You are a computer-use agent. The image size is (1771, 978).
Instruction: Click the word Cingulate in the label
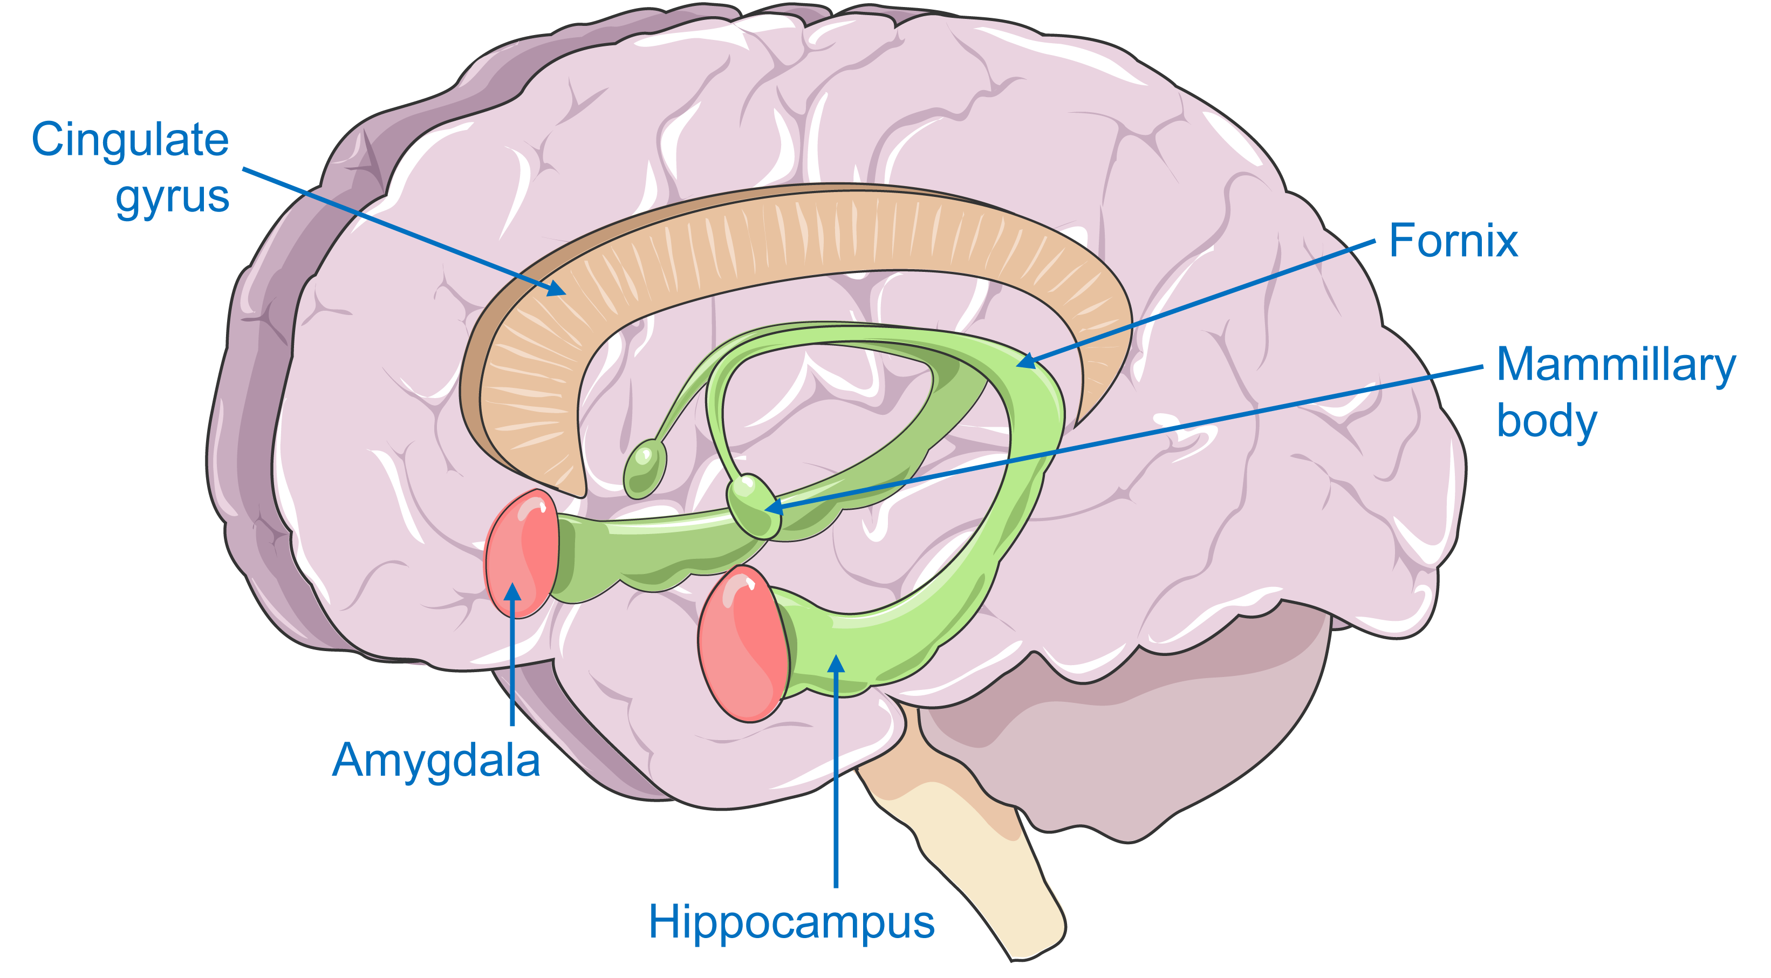(x=130, y=141)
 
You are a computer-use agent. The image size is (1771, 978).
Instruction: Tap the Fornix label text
(x=1453, y=241)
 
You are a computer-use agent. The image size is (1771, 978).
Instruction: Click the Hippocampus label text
(x=791, y=922)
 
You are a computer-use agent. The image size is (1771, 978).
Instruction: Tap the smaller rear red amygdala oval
(x=521, y=554)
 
